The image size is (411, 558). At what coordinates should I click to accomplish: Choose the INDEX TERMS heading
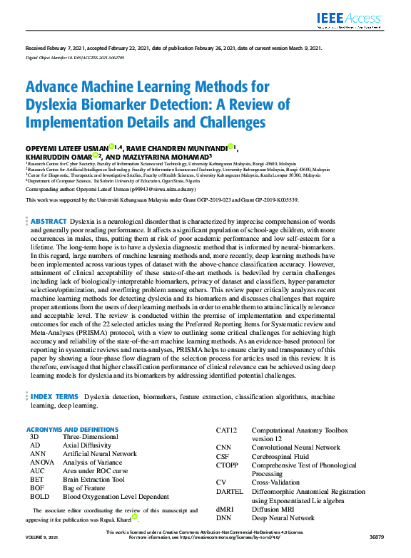coord(54,396)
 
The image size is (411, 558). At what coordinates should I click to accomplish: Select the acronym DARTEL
coord(230,491)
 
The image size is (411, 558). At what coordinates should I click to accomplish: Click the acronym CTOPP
coord(228,465)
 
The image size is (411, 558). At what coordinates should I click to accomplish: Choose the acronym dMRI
coord(226,509)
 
